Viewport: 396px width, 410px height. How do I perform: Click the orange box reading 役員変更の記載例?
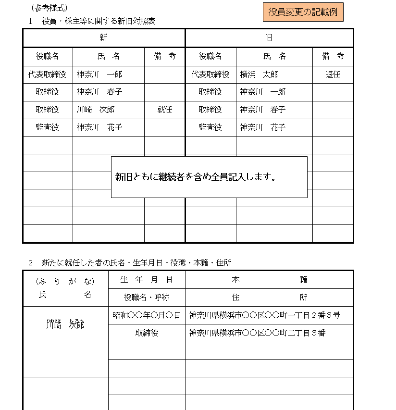coord(303,12)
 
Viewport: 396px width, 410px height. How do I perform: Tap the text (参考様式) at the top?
coord(49,8)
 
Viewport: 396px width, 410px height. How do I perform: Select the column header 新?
coord(103,38)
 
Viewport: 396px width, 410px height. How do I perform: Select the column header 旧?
coord(269,38)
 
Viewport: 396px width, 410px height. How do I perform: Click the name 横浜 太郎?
coord(259,75)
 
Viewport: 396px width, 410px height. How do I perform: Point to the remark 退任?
coord(333,75)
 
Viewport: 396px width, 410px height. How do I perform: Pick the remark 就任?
coord(164,110)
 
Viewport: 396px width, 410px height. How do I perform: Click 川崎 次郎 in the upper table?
coord(96,110)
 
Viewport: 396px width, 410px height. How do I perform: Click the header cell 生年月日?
coord(146,280)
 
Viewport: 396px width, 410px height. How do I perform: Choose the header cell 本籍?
coord(269,280)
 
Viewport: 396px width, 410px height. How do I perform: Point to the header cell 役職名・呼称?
coord(146,298)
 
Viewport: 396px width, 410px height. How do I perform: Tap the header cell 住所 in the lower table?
coord(269,298)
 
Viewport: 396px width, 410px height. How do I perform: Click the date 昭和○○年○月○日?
coord(146,315)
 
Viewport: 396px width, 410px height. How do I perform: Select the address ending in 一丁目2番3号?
coord(265,315)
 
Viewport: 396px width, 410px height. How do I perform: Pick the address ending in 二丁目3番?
coord(258,333)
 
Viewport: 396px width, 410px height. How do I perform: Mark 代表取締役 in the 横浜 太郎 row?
coord(210,75)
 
